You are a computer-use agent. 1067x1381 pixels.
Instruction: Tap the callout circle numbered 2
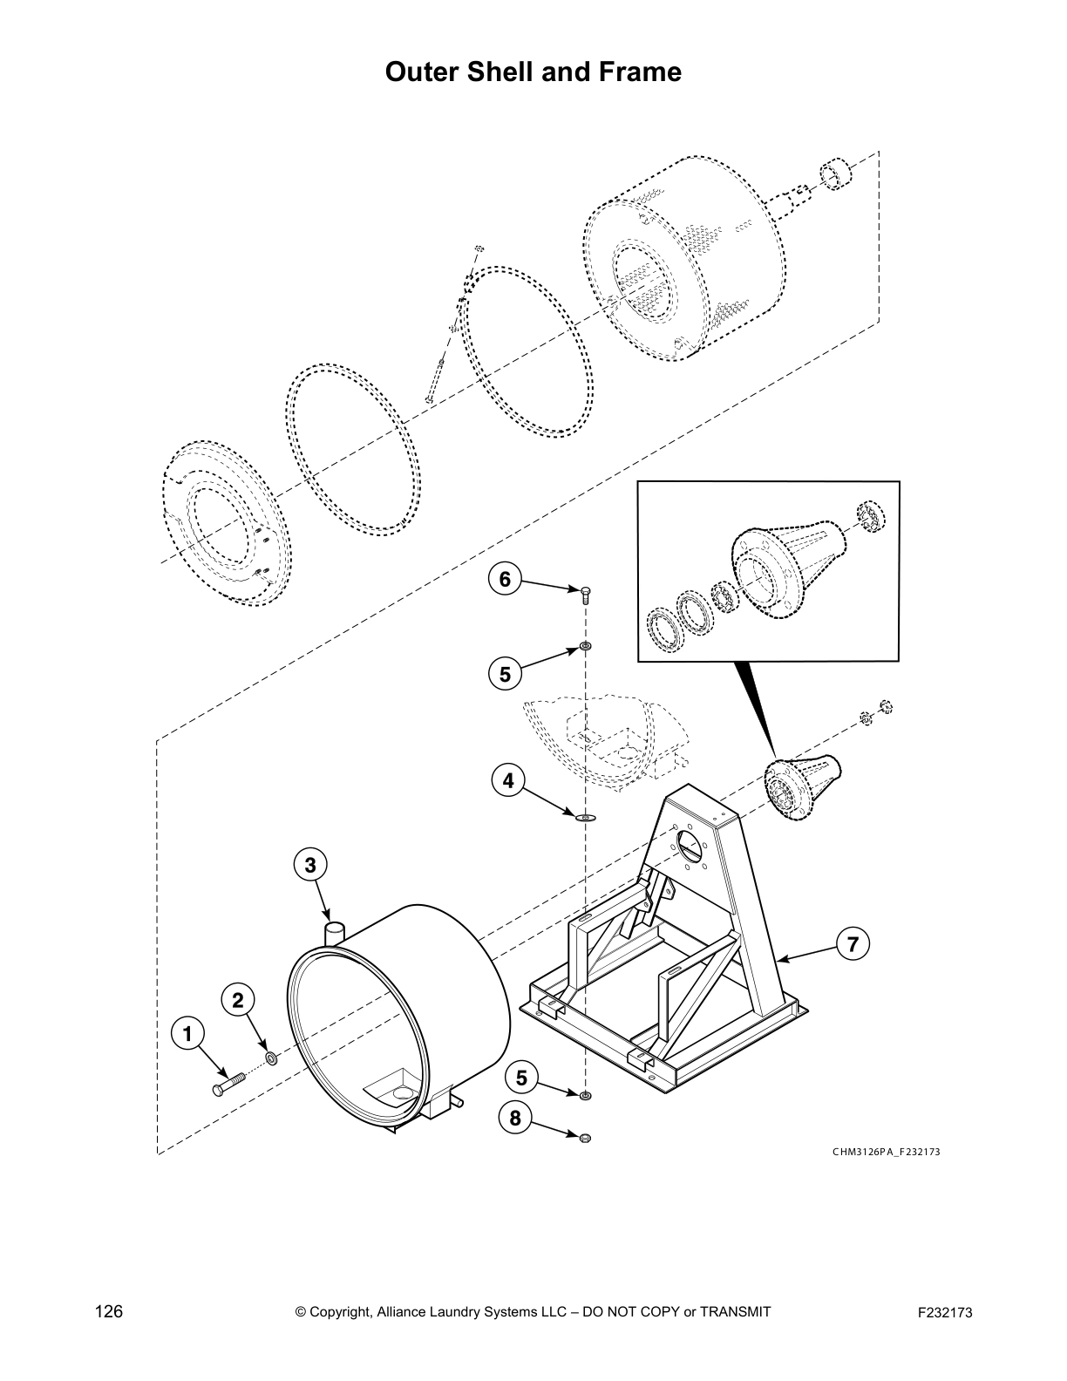pos(237,1000)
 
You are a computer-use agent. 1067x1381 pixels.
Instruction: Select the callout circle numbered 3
pos(309,865)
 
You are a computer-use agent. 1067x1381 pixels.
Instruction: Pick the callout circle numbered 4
pos(508,781)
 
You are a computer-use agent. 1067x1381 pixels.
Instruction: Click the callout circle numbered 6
pos(505,579)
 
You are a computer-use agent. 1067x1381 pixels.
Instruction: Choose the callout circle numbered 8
pos(515,1118)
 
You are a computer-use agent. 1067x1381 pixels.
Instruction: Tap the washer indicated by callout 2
pos(270,1058)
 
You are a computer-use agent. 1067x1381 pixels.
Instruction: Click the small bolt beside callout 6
pos(585,595)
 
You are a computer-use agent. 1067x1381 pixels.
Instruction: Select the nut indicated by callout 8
pos(585,1137)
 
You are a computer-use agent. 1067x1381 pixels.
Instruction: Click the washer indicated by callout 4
pos(584,818)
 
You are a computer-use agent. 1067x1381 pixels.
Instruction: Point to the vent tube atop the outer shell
pos(335,932)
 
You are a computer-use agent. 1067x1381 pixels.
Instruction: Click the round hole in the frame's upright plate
pos(689,843)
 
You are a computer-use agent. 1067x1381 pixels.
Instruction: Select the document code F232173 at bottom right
pos(945,1313)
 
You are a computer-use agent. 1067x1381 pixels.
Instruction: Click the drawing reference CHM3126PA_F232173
pos(886,1151)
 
